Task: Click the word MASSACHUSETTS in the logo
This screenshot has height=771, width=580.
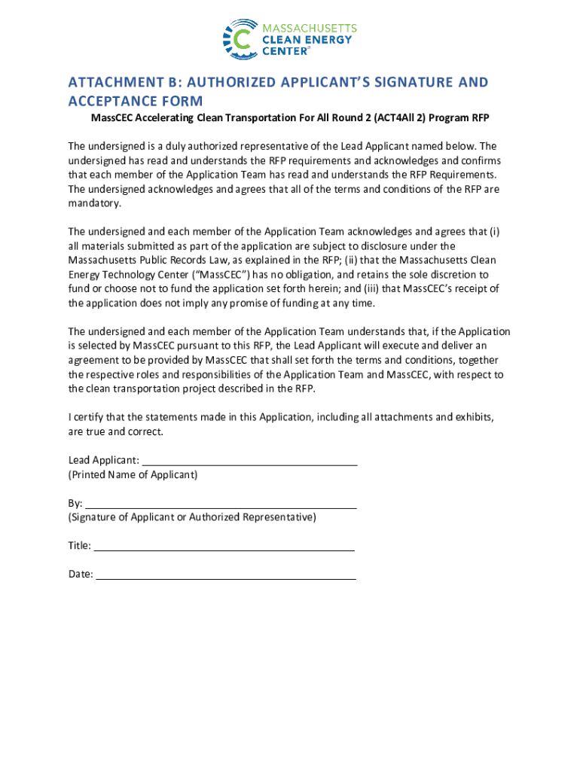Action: (308, 28)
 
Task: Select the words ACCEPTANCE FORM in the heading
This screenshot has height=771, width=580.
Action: (136, 102)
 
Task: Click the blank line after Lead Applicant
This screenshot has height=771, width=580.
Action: (249, 461)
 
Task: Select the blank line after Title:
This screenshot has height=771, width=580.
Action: (223, 546)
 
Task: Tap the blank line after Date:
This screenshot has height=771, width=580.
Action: (225, 574)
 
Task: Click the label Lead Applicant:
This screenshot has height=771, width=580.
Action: (103, 460)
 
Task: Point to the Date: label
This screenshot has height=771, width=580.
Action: (81, 574)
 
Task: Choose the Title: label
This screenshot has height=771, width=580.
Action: (80, 546)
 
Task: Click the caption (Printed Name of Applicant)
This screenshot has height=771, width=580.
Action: (133, 475)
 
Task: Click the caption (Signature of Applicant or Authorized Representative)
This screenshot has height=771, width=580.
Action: (192, 517)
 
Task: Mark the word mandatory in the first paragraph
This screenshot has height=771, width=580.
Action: (93, 204)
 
